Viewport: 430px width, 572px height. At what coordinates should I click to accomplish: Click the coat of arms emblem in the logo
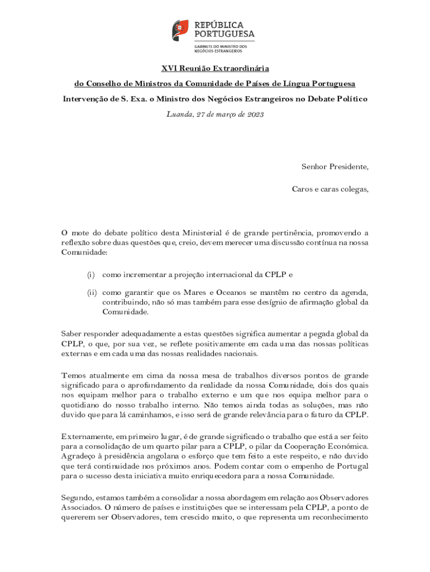point(180,29)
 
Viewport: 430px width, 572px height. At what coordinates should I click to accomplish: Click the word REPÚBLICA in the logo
point(219,25)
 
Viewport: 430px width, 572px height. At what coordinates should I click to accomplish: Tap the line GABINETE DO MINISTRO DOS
point(221,46)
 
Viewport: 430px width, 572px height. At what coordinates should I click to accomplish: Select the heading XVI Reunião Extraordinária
point(215,68)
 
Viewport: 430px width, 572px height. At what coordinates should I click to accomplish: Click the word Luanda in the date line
point(179,114)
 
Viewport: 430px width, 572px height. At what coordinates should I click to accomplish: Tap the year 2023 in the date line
point(255,114)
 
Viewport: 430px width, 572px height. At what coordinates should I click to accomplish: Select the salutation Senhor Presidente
point(335,166)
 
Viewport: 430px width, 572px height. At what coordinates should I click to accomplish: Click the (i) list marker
point(90,275)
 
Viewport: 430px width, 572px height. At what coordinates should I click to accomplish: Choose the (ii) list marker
point(92,292)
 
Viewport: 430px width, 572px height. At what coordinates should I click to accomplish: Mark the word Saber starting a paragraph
point(71,334)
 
